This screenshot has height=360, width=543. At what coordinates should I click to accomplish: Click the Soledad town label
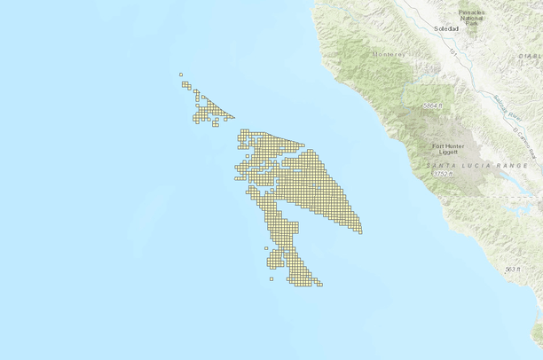[446, 29]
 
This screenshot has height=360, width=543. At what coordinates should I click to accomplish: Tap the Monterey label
[388, 55]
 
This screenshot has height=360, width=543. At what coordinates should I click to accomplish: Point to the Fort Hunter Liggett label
[449, 149]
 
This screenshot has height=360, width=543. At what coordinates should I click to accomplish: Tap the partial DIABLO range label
[531, 55]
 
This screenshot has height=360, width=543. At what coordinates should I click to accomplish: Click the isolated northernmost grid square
[181, 74]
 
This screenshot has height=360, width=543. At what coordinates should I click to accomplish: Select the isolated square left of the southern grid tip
[271, 278]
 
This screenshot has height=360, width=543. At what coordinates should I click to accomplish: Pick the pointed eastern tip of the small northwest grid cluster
[233, 117]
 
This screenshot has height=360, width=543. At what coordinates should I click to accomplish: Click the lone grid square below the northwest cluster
[215, 124]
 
